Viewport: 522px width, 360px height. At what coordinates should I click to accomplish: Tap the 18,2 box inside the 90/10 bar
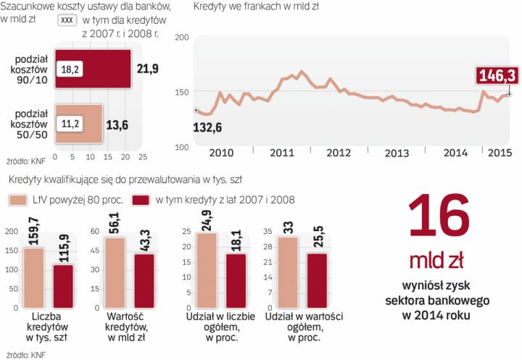point(70,68)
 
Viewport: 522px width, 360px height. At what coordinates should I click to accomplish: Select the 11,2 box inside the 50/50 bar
point(70,123)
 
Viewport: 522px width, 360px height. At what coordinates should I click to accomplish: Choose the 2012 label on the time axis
point(339,153)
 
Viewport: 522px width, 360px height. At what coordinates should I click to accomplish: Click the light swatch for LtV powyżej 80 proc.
point(18,200)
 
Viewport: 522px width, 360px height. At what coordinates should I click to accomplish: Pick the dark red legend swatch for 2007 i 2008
point(141,200)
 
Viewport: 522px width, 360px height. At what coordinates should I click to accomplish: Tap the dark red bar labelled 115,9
point(63,285)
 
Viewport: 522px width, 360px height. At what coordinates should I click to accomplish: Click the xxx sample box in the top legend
point(66,20)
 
